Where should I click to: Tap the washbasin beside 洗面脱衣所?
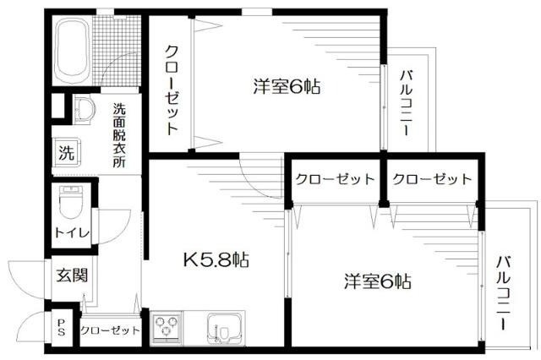[x=85, y=111]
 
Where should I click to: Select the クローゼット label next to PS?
[x=110, y=330]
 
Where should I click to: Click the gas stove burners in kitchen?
[x=166, y=326]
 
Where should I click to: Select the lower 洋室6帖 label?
[x=377, y=280]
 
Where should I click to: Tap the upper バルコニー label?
[x=406, y=108]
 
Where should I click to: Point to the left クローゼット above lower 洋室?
[x=335, y=179]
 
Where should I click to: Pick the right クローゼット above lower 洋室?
[x=431, y=179]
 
